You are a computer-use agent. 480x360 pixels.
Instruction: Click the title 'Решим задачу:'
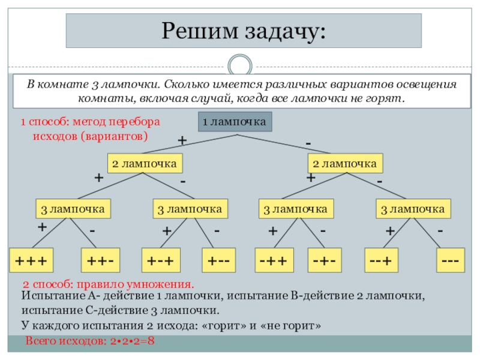243,30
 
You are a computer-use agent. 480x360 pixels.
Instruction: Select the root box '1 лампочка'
235,122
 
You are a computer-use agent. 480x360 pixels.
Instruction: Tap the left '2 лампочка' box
145,163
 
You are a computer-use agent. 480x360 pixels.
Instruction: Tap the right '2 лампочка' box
346,163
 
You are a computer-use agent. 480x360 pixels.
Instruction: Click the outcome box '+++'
31,261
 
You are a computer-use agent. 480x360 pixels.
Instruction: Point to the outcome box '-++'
273,261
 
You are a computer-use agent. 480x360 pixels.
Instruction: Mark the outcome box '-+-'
324,261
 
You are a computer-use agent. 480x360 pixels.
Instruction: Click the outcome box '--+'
382,261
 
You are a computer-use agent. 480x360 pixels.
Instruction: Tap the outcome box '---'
449,261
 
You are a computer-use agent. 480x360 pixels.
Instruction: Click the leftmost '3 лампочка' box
73,209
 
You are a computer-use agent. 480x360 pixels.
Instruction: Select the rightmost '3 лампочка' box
413,209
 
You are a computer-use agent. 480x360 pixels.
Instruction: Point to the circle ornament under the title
240,64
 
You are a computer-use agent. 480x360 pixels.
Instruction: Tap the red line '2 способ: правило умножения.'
108,284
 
